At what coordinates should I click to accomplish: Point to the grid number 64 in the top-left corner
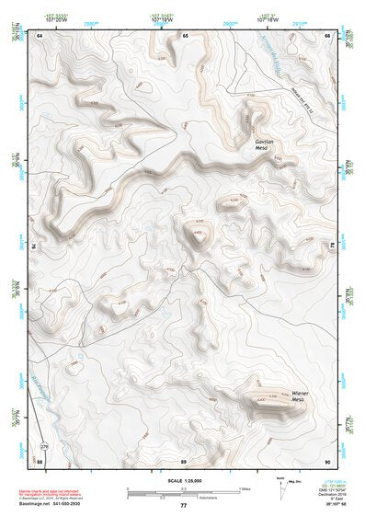[40, 35]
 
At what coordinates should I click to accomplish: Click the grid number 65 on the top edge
[185, 35]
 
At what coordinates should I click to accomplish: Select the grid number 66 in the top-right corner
[327, 35]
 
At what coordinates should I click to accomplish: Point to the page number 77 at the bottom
[184, 505]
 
